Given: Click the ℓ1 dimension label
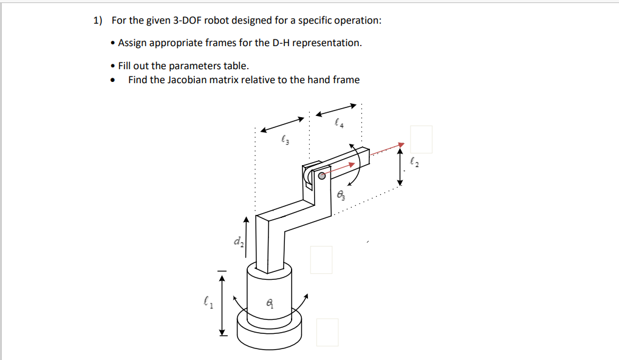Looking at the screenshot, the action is pyautogui.click(x=208, y=303).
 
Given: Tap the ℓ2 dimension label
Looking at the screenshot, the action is pyautogui.click(x=414, y=162).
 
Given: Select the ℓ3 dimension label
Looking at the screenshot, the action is pyautogui.click(x=285, y=140).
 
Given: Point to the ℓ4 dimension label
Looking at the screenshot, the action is pyautogui.click(x=339, y=123).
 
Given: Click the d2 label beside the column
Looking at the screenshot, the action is pyautogui.click(x=239, y=241).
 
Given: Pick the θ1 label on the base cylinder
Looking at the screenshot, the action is pyautogui.click(x=270, y=303).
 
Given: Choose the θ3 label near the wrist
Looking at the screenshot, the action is pyautogui.click(x=341, y=195).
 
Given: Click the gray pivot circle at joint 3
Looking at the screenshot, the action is pyautogui.click(x=322, y=175).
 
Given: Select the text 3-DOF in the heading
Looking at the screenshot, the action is pyautogui.click(x=187, y=20).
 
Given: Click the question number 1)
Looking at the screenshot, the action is pyautogui.click(x=98, y=20).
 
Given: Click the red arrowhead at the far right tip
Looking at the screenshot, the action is pyautogui.click(x=402, y=145).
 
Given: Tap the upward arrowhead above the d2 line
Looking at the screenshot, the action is pyautogui.click(x=247, y=220).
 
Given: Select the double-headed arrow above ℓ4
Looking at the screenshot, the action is pyautogui.click(x=336, y=110).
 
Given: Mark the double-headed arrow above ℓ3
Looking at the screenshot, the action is pyautogui.click(x=282, y=124).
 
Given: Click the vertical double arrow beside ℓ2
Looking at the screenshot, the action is pyautogui.click(x=400, y=166).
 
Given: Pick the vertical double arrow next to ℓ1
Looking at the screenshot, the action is pyautogui.click(x=222, y=305).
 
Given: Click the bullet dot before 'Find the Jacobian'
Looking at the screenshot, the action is pyautogui.click(x=113, y=81).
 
